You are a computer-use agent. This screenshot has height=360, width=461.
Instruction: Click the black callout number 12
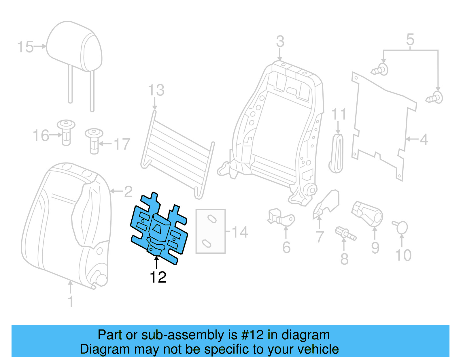pos(158,277)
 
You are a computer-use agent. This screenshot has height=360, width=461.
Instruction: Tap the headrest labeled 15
pos(74,48)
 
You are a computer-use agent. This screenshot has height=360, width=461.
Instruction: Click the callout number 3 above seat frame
pos(280,42)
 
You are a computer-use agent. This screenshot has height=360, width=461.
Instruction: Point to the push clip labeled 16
pos(66,132)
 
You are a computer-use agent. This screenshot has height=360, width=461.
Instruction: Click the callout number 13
pos(156,90)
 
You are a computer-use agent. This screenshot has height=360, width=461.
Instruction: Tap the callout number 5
pos(410,39)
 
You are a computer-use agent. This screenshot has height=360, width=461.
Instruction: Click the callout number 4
pos(424,140)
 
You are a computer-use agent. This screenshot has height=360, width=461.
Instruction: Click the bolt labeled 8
pos(345,233)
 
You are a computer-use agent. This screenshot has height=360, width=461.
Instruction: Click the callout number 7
pos(320,237)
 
